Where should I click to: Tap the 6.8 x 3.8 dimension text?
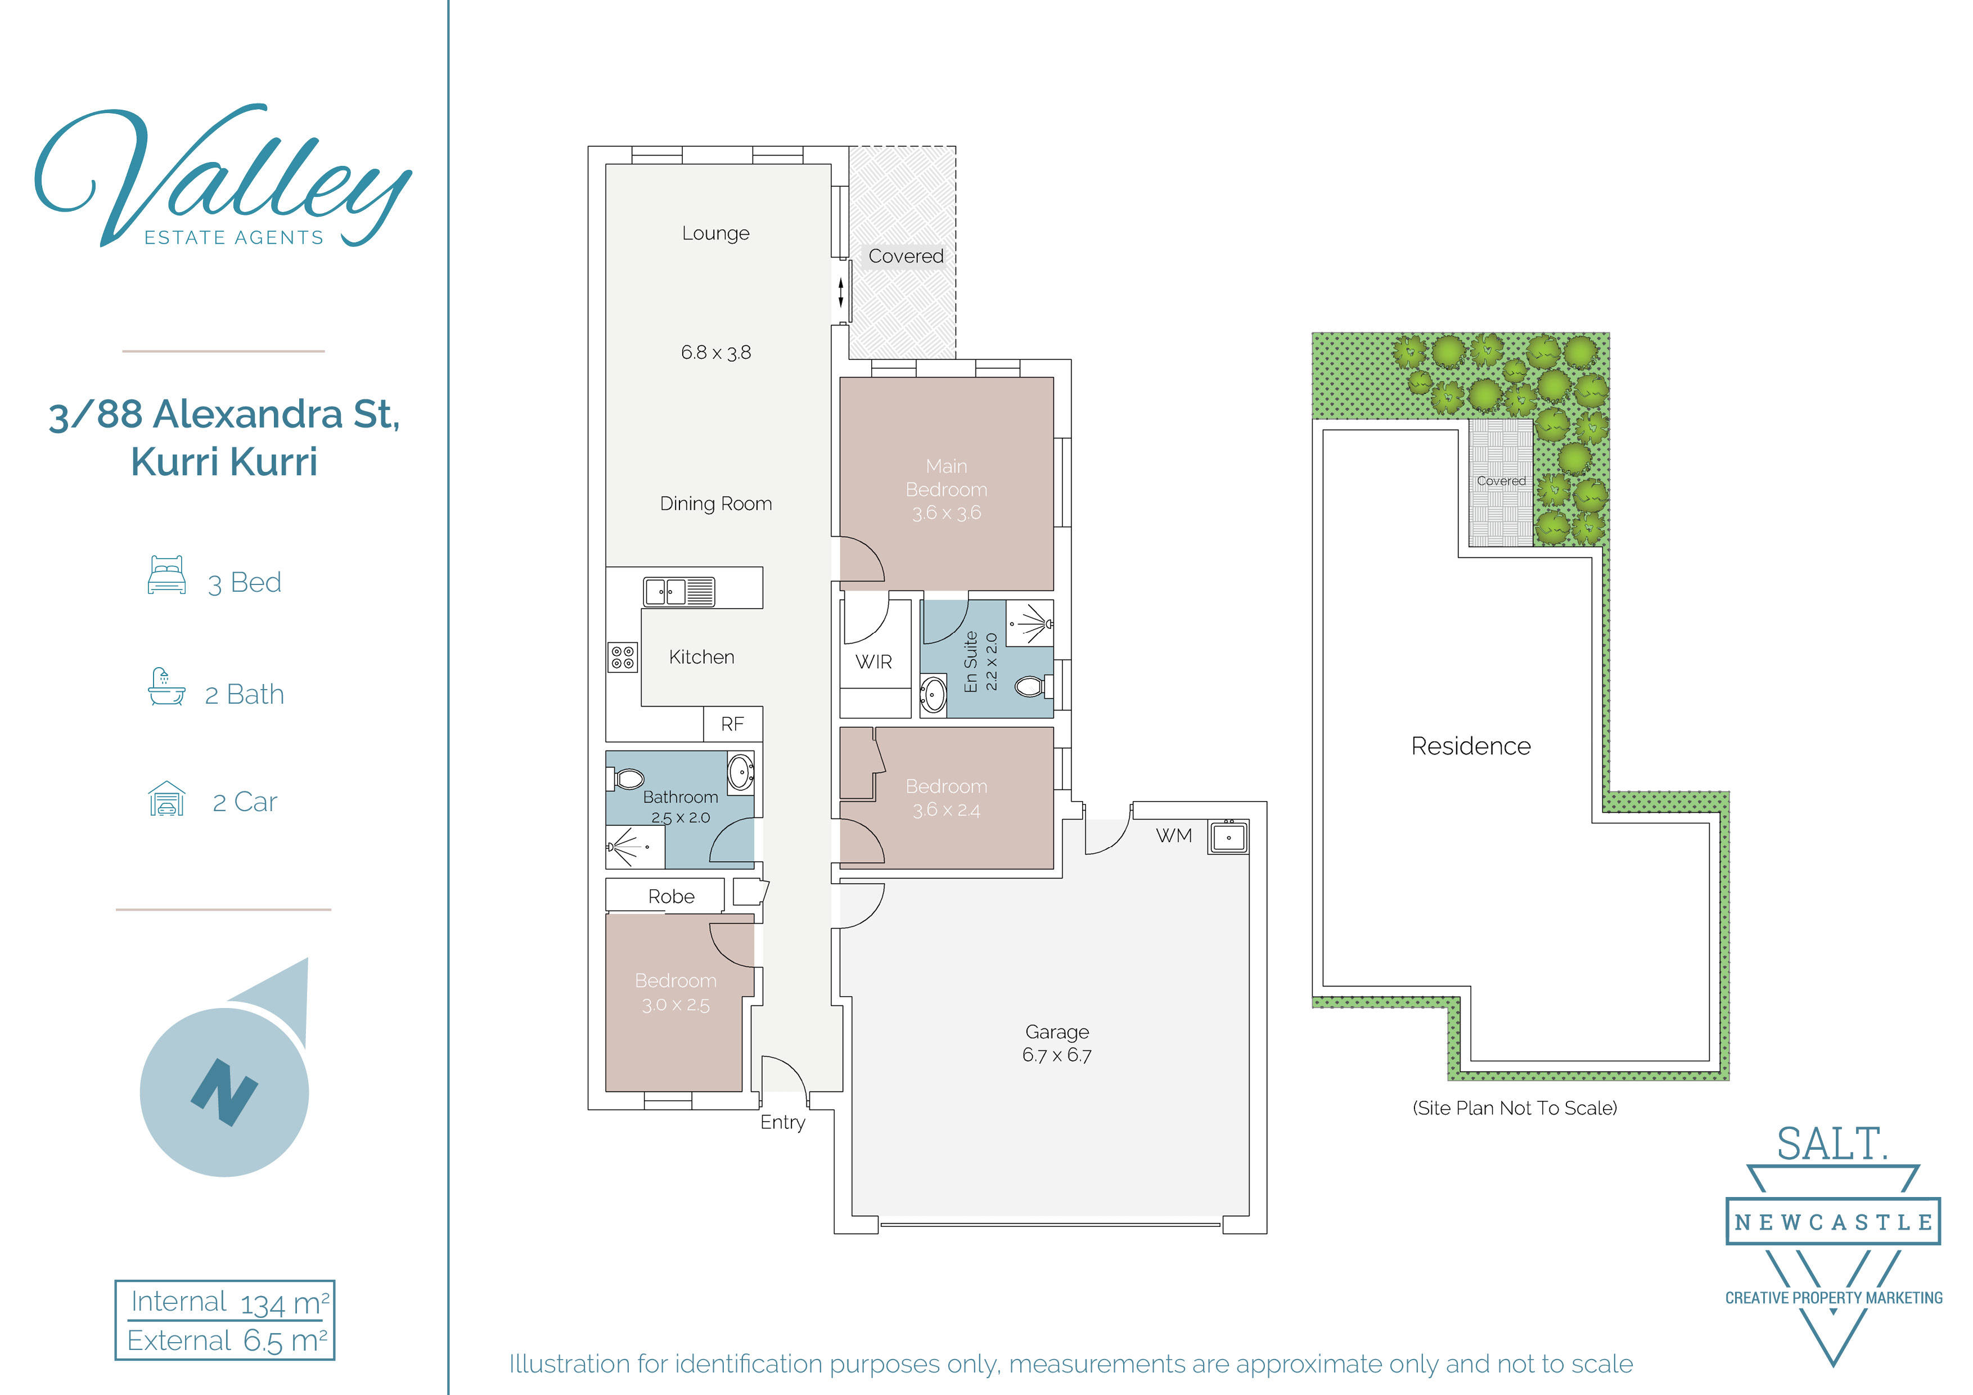(x=716, y=352)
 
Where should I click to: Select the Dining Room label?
(x=716, y=503)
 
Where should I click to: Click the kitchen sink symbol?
(x=679, y=591)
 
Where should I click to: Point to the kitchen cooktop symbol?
(x=623, y=658)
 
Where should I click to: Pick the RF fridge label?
(x=732, y=724)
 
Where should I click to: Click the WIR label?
(x=874, y=663)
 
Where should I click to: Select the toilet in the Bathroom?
(x=627, y=778)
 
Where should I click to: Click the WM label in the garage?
(x=1174, y=835)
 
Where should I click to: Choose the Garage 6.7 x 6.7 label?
(x=1057, y=1043)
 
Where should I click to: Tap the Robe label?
(x=671, y=897)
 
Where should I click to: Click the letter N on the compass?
(x=224, y=1092)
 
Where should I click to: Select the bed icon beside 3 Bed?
(x=166, y=575)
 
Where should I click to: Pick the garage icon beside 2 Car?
(x=166, y=799)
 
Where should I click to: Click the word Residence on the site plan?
(x=1471, y=746)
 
